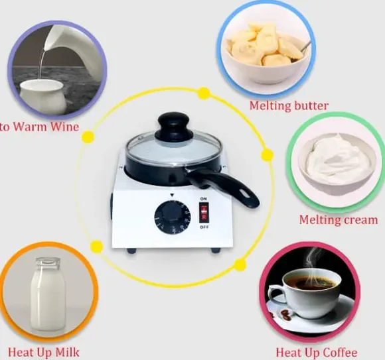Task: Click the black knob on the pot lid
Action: (x=174, y=127)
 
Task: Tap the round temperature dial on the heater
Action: (x=172, y=216)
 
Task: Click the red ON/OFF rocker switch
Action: (x=204, y=212)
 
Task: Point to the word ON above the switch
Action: (x=203, y=198)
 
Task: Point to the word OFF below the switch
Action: (x=204, y=227)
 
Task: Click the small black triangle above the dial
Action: (x=172, y=195)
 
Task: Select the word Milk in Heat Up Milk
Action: (x=67, y=352)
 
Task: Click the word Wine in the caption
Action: (x=64, y=127)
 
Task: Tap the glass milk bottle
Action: (x=48, y=294)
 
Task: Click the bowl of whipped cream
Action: (x=337, y=164)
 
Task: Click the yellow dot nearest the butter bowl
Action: (x=204, y=93)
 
